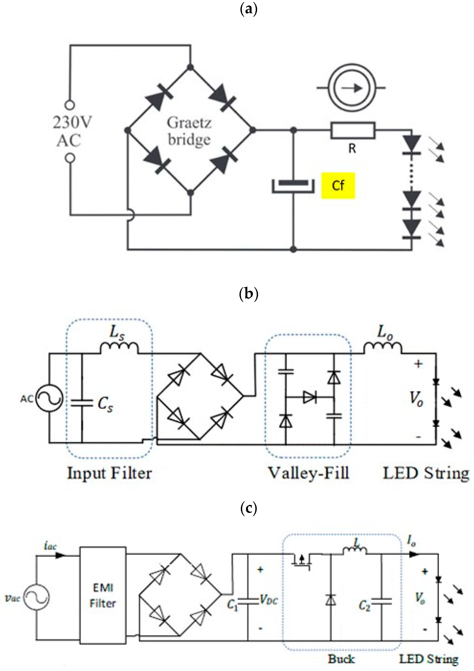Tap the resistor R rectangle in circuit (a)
point(352,130)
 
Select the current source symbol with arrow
point(351,88)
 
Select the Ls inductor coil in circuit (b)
point(119,348)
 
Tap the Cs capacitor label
point(105,405)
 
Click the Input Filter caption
point(110,473)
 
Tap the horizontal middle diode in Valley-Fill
point(310,397)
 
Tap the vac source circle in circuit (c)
point(36,597)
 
